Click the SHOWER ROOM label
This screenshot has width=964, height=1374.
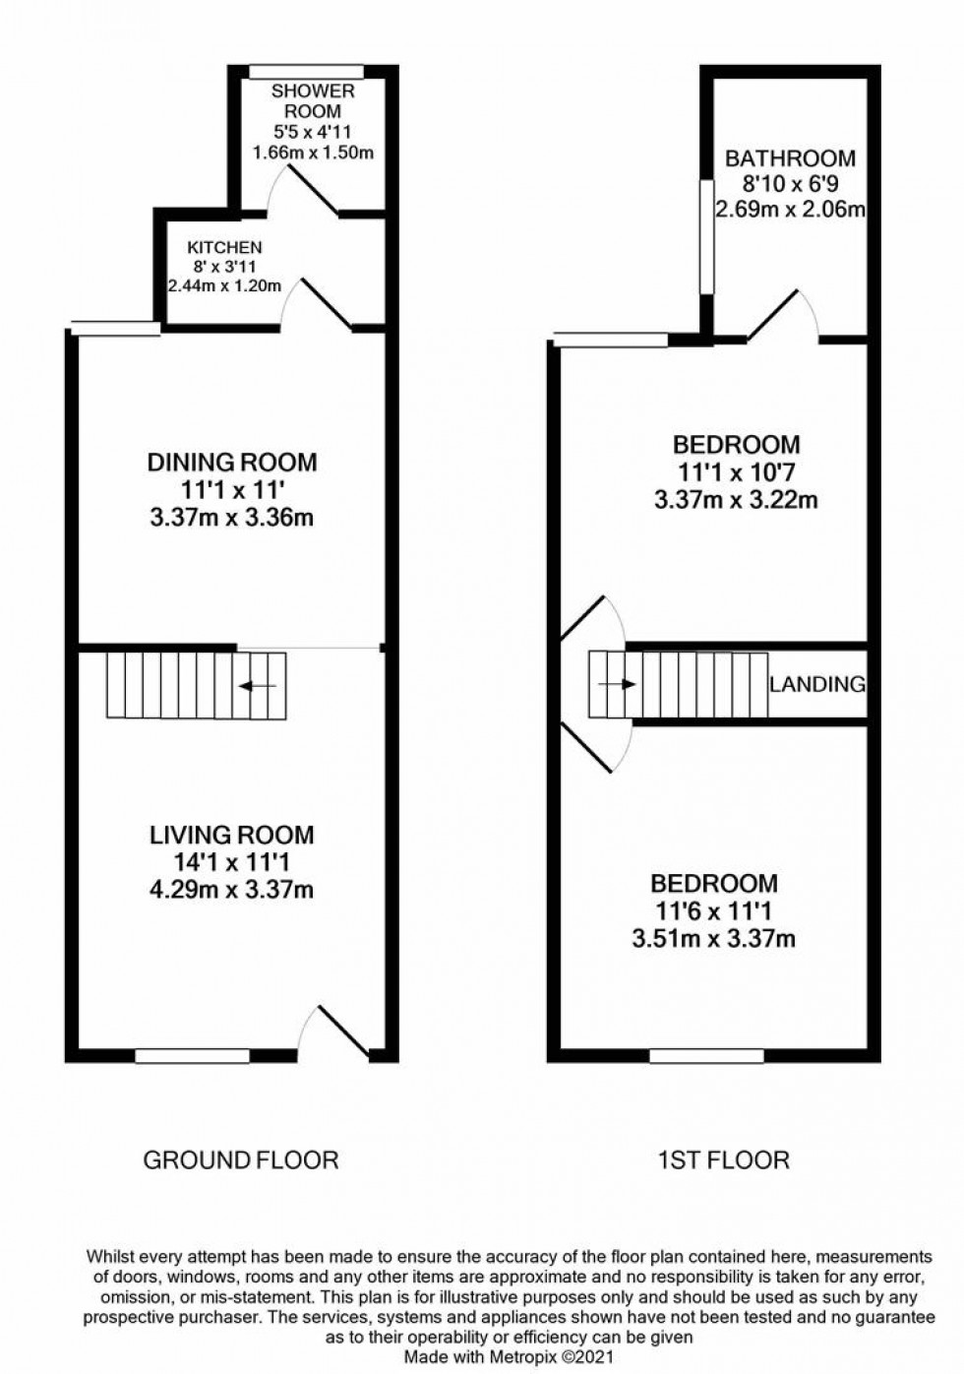click(x=313, y=101)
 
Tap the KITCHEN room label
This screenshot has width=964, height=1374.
click(x=225, y=247)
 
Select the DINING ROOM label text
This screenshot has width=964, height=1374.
click(x=232, y=462)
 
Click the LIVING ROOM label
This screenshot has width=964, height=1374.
click(x=232, y=835)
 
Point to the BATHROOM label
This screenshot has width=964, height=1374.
click(x=790, y=157)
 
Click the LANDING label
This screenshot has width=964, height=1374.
click(x=817, y=684)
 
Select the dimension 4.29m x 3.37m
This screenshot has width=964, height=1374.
click(x=232, y=891)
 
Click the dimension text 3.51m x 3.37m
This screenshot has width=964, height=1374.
click(x=713, y=939)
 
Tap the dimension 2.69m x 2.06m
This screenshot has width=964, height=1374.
click(x=790, y=209)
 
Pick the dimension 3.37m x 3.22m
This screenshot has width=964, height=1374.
click(x=736, y=500)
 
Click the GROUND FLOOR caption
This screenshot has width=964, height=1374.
click(x=241, y=1160)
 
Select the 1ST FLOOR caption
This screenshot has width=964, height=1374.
click(x=723, y=1160)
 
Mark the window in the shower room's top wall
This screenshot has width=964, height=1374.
click(x=306, y=71)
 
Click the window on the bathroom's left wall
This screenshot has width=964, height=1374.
click(x=705, y=236)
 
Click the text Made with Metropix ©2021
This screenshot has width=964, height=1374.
click(x=509, y=1356)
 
